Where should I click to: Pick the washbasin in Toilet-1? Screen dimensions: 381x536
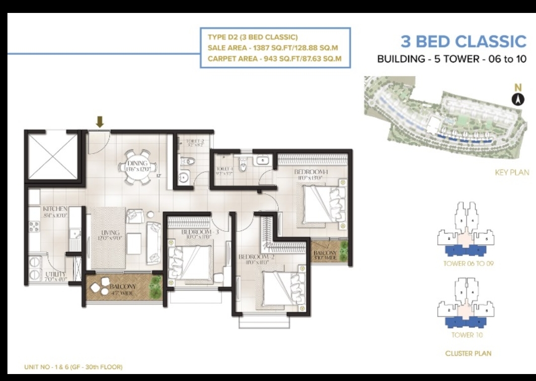[263, 161]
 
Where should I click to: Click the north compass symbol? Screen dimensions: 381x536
[519, 99]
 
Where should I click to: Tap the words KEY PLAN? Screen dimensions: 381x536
[512, 173]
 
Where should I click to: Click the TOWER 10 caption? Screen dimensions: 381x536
[466, 335]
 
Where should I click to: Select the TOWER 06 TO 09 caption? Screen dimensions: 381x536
[466, 264]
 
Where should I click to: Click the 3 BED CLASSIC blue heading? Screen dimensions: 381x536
[463, 41]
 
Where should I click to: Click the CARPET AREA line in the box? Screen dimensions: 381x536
[274, 59]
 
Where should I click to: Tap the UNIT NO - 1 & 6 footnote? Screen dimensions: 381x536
[73, 367]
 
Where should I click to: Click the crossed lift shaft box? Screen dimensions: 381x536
[52, 156]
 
